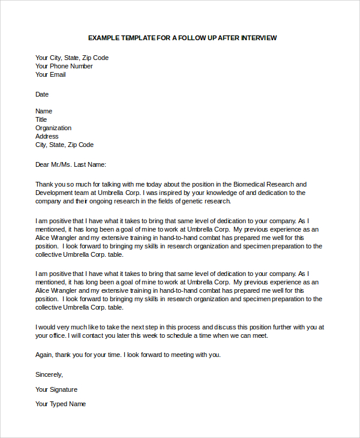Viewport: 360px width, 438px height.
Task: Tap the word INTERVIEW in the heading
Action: (259, 38)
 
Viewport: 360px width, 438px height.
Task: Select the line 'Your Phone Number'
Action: (64, 66)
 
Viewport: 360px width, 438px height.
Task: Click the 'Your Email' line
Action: (50, 74)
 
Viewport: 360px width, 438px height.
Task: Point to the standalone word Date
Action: (42, 94)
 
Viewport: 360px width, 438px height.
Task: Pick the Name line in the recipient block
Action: (44, 111)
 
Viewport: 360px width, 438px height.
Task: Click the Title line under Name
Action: (41, 119)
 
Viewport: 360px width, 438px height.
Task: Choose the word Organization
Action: (53, 128)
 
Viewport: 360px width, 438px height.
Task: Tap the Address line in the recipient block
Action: (47, 136)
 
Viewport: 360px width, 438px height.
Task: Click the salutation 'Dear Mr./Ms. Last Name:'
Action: (70, 164)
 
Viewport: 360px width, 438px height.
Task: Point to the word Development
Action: (54, 193)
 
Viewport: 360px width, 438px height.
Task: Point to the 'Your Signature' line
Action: (56, 389)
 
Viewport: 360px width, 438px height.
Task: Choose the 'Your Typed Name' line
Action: (61, 404)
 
